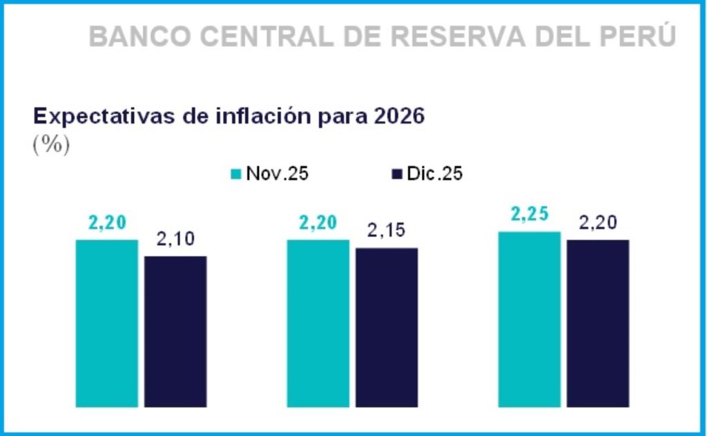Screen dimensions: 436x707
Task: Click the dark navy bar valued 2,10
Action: pyautogui.click(x=175, y=331)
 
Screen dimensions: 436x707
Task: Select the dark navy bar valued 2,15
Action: pyautogui.click(x=387, y=327)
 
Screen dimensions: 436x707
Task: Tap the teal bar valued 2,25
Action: pyautogui.click(x=529, y=319)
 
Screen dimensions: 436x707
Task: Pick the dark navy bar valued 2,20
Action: pyautogui.click(x=598, y=323)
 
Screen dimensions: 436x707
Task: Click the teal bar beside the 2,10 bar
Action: pyautogui.click(x=107, y=323)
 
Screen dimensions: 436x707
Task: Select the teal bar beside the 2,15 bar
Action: pyautogui.click(x=318, y=323)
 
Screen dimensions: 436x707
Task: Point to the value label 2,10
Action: pyautogui.click(x=175, y=240)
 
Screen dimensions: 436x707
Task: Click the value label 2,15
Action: pyautogui.click(x=387, y=231)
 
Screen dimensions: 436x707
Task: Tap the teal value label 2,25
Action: pyautogui.click(x=530, y=215)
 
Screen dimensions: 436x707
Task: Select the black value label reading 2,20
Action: pyautogui.click(x=598, y=223)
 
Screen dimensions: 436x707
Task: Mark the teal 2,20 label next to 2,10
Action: pyautogui.click(x=107, y=223)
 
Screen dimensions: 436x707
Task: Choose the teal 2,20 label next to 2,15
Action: pyautogui.click(x=318, y=223)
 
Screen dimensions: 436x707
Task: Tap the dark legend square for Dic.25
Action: pyautogui.click(x=396, y=174)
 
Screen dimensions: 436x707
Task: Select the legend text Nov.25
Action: pyautogui.click(x=278, y=174)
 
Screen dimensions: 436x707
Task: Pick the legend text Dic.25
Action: pyautogui.click(x=434, y=174)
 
